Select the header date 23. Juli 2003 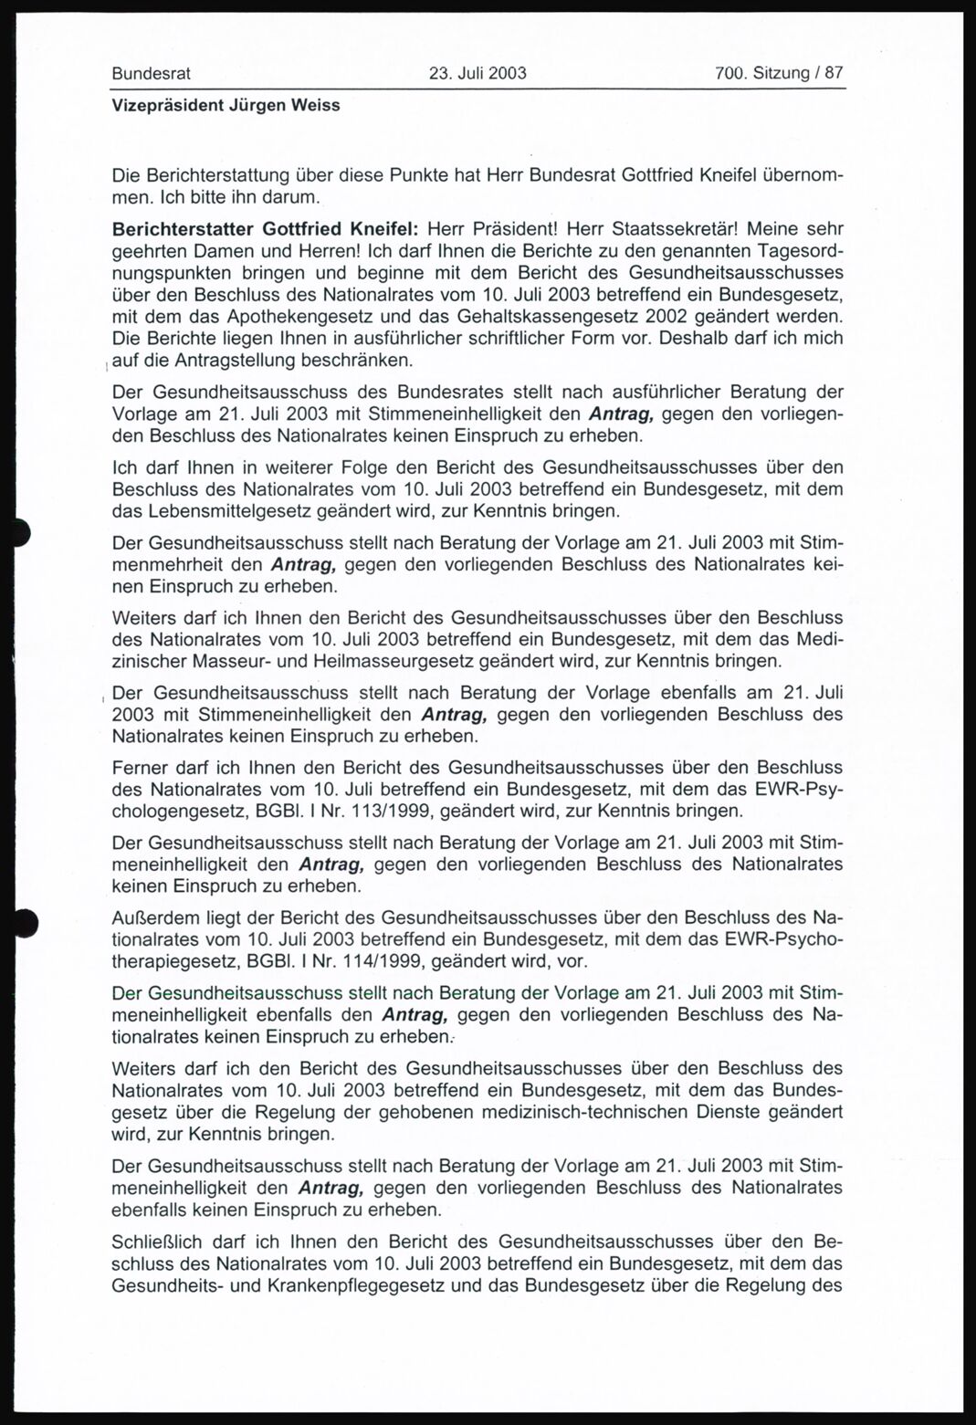(x=478, y=73)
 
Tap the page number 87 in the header (x=834, y=73)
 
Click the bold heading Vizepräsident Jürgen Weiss (x=226, y=105)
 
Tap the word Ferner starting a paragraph (x=139, y=765)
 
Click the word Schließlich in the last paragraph (x=156, y=1242)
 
